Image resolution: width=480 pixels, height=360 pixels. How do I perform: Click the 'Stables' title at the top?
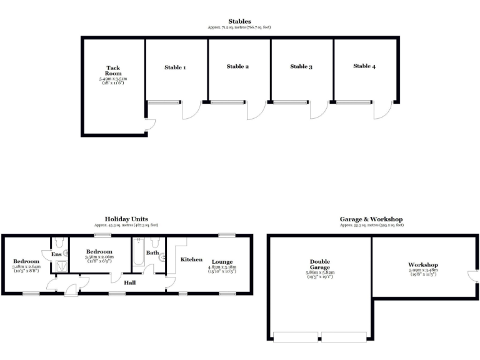[239, 21]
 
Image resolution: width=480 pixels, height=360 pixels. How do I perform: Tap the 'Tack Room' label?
[113, 71]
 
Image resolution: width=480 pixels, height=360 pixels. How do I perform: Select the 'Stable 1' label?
[175, 67]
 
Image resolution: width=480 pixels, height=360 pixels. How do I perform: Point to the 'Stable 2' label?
[238, 66]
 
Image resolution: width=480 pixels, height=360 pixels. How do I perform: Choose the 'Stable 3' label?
[301, 66]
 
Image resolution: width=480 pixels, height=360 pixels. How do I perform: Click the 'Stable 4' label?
[364, 66]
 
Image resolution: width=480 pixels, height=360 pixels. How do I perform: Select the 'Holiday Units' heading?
[126, 219]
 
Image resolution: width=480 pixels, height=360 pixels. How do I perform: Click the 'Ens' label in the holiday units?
[57, 254]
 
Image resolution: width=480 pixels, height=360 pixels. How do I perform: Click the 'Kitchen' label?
[191, 259]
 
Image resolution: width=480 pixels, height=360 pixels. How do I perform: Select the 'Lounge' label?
[222, 262]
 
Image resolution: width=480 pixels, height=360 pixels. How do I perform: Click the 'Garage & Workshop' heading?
[371, 219]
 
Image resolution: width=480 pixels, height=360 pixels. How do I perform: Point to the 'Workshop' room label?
[423, 265]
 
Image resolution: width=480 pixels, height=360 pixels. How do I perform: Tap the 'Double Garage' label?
[319, 265]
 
